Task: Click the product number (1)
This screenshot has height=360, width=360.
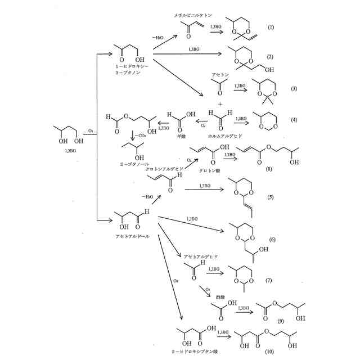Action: (x=271, y=27)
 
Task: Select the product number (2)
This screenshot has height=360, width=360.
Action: (x=271, y=57)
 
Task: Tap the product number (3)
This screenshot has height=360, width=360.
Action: (x=294, y=89)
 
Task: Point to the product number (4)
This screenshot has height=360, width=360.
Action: (x=294, y=119)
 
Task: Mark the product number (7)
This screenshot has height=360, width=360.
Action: (x=269, y=280)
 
